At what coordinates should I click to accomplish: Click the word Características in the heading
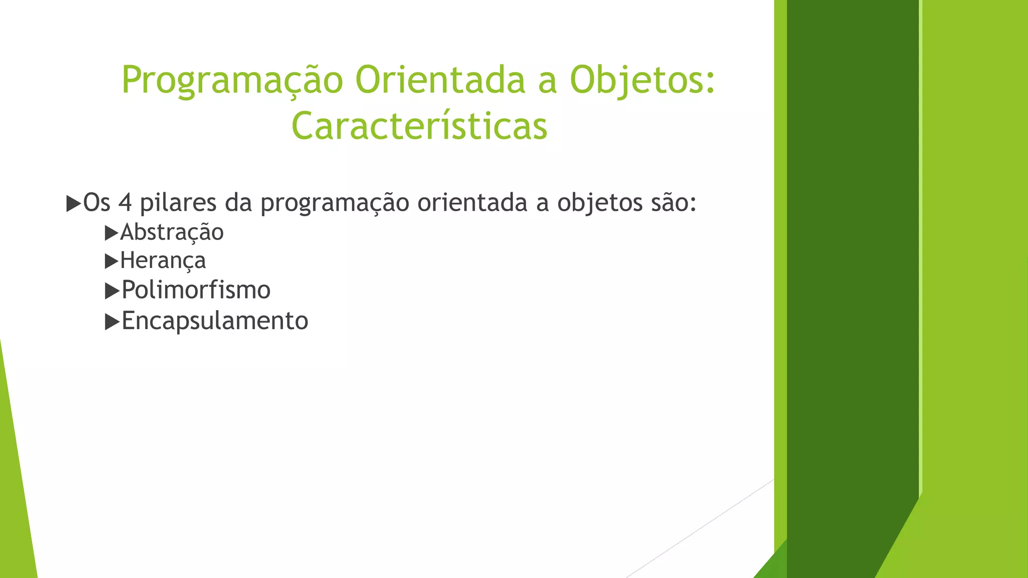(419, 126)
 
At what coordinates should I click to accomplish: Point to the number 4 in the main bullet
(125, 203)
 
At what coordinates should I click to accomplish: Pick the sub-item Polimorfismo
(196, 290)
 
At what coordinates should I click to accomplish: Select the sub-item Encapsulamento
(215, 321)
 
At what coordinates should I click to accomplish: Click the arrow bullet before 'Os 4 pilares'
(73, 204)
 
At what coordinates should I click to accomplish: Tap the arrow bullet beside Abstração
(111, 233)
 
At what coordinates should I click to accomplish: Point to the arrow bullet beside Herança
(111, 261)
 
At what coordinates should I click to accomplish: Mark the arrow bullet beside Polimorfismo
(111, 291)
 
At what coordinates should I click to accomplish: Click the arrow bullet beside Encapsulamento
(111, 322)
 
